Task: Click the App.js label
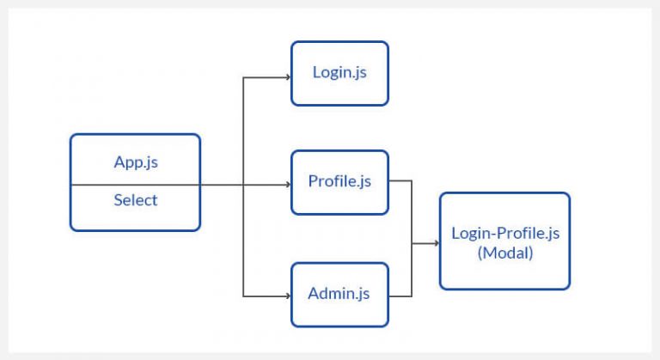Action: (x=135, y=162)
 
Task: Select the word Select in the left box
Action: (x=135, y=200)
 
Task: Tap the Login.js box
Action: (x=339, y=73)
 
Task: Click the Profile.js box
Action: (x=339, y=182)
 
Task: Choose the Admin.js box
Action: (x=339, y=294)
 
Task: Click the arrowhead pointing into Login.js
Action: (x=288, y=77)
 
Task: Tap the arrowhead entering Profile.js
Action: (x=288, y=184)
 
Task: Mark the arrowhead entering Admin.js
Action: (x=288, y=296)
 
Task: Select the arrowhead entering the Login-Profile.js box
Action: (x=437, y=243)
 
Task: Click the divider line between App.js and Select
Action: (x=135, y=184)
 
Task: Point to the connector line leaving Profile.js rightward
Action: (x=400, y=181)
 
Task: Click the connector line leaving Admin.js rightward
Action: (x=400, y=296)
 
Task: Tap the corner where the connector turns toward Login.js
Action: (x=243, y=77)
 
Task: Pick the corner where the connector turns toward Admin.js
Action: (x=243, y=296)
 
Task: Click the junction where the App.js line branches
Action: (x=243, y=184)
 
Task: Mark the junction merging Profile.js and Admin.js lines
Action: (x=412, y=243)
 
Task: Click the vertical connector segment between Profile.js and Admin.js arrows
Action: (x=243, y=241)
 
